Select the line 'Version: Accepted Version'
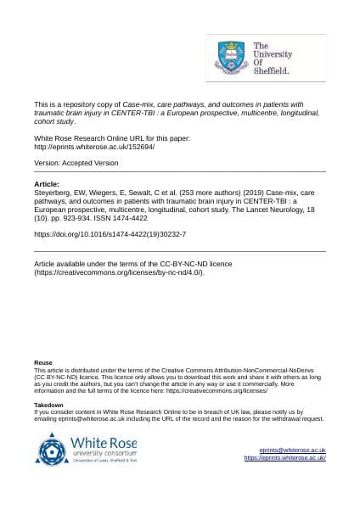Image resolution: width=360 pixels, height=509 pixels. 76,163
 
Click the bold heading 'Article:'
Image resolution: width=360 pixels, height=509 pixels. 46,183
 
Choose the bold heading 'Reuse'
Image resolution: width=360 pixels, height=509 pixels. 42,363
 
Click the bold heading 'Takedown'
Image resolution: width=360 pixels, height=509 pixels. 48,406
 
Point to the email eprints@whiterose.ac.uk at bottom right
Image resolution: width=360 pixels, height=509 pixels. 293,450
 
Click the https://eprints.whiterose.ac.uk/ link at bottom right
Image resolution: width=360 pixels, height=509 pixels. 284,458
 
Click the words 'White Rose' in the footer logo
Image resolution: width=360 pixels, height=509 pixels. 104,442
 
